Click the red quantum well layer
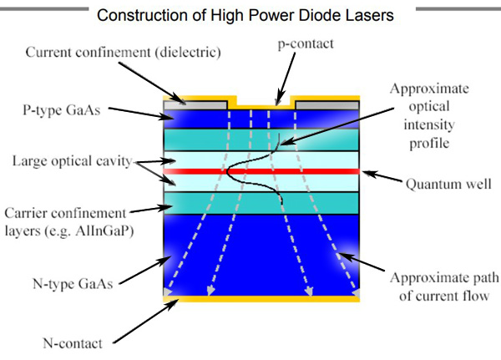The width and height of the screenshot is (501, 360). click(x=261, y=171)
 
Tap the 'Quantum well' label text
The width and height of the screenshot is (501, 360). click(x=448, y=184)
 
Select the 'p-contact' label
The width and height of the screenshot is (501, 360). click(x=306, y=43)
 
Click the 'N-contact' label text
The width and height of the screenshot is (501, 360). click(x=73, y=343)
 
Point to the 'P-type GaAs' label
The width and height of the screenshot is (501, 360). click(x=61, y=110)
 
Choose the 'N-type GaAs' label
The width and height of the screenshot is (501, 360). click(x=73, y=284)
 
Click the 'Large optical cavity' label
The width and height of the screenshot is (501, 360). click(x=72, y=161)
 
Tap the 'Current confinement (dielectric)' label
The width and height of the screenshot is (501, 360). click(x=124, y=53)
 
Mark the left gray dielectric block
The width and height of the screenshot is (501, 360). click(x=195, y=105)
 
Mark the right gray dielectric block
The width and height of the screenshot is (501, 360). click(x=327, y=105)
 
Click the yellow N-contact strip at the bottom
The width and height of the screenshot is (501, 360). click(x=261, y=299)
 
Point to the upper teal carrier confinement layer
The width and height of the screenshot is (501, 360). click(x=261, y=139)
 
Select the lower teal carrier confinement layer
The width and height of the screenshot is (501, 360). click(x=261, y=203)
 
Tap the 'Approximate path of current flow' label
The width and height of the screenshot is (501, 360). click(x=444, y=286)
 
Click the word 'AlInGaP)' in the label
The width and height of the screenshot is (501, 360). click(x=104, y=231)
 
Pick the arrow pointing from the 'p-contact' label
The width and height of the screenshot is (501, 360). click(x=286, y=79)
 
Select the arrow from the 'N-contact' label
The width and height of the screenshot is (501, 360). click(x=145, y=322)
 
